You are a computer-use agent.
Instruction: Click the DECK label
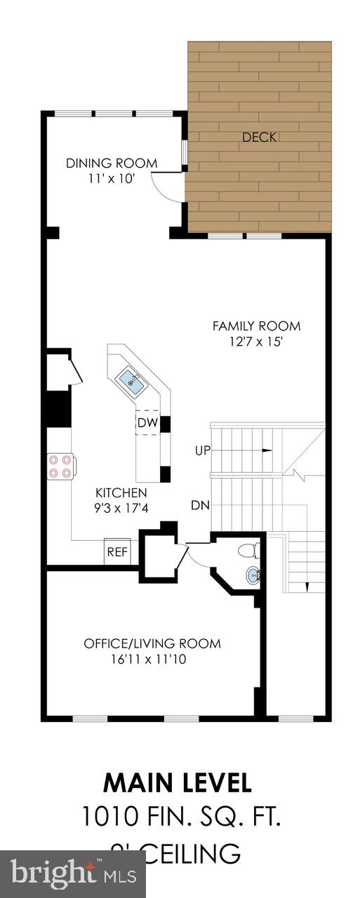pos(259,138)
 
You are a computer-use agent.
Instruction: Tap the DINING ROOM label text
pos(112,163)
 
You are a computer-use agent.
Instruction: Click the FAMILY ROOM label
pos(256,326)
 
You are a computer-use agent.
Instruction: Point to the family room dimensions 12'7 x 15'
pos(256,342)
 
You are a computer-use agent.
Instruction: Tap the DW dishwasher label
pos(147,422)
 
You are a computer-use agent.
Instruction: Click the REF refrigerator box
pos(117,551)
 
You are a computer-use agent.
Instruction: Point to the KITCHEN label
pos(121,492)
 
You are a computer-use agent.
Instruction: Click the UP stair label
pos(202,450)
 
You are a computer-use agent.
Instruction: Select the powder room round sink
pos(253,576)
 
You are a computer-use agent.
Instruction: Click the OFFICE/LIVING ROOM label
pos(152,643)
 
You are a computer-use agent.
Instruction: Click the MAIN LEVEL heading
pos(177,782)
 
